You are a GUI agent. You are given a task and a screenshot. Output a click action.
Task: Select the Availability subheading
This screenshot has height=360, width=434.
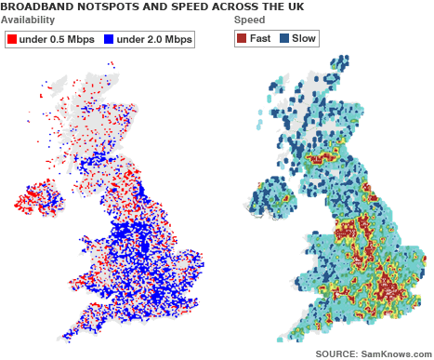tap(27, 20)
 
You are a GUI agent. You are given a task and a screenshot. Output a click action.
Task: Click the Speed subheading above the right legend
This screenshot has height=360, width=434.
tap(248, 20)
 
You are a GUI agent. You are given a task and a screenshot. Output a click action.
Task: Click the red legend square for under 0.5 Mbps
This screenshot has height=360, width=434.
tap(11, 39)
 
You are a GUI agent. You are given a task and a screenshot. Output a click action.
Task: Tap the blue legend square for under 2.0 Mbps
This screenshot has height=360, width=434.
tap(109, 39)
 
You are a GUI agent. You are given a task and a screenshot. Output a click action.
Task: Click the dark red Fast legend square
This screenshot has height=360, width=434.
tap(242, 39)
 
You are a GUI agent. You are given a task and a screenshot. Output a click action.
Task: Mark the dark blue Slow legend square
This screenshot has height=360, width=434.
tap(284, 39)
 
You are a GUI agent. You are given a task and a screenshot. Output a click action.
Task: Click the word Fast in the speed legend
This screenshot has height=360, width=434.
tap(259, 39)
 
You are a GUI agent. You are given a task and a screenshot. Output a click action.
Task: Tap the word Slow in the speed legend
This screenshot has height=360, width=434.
tap(303, 39)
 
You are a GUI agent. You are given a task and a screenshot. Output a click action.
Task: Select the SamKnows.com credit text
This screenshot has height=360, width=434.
tap(396, 353)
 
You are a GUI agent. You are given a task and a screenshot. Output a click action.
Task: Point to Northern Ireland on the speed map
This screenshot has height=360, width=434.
tap(270, 198)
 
